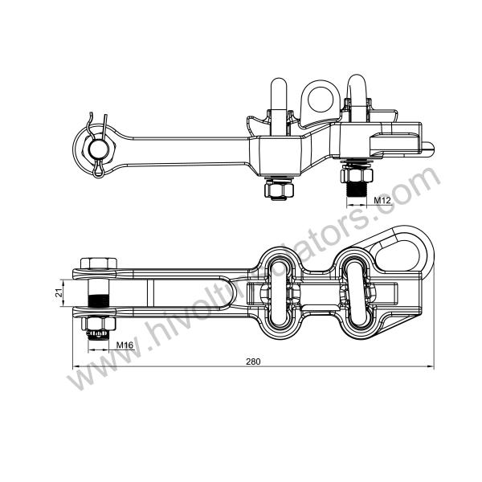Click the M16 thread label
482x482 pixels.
(x=125, y=345)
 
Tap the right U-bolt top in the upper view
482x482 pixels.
(x=356, y=86)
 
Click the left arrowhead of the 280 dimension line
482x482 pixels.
(x=77, y=368)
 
